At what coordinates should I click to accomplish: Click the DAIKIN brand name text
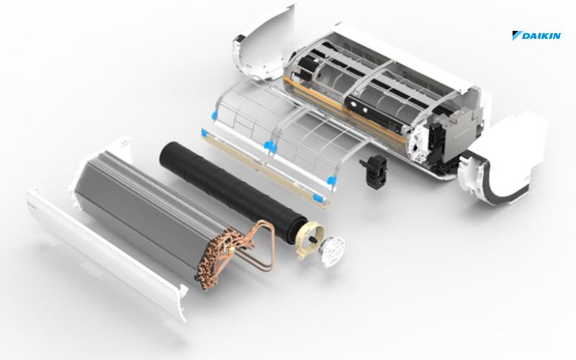pos(541,35)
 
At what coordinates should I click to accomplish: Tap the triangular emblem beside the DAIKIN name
pos(517,35)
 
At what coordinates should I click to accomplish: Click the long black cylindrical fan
pos(233,191)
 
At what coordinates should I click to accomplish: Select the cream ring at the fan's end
pos(310,239)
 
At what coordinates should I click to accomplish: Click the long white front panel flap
pos(107,253)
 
